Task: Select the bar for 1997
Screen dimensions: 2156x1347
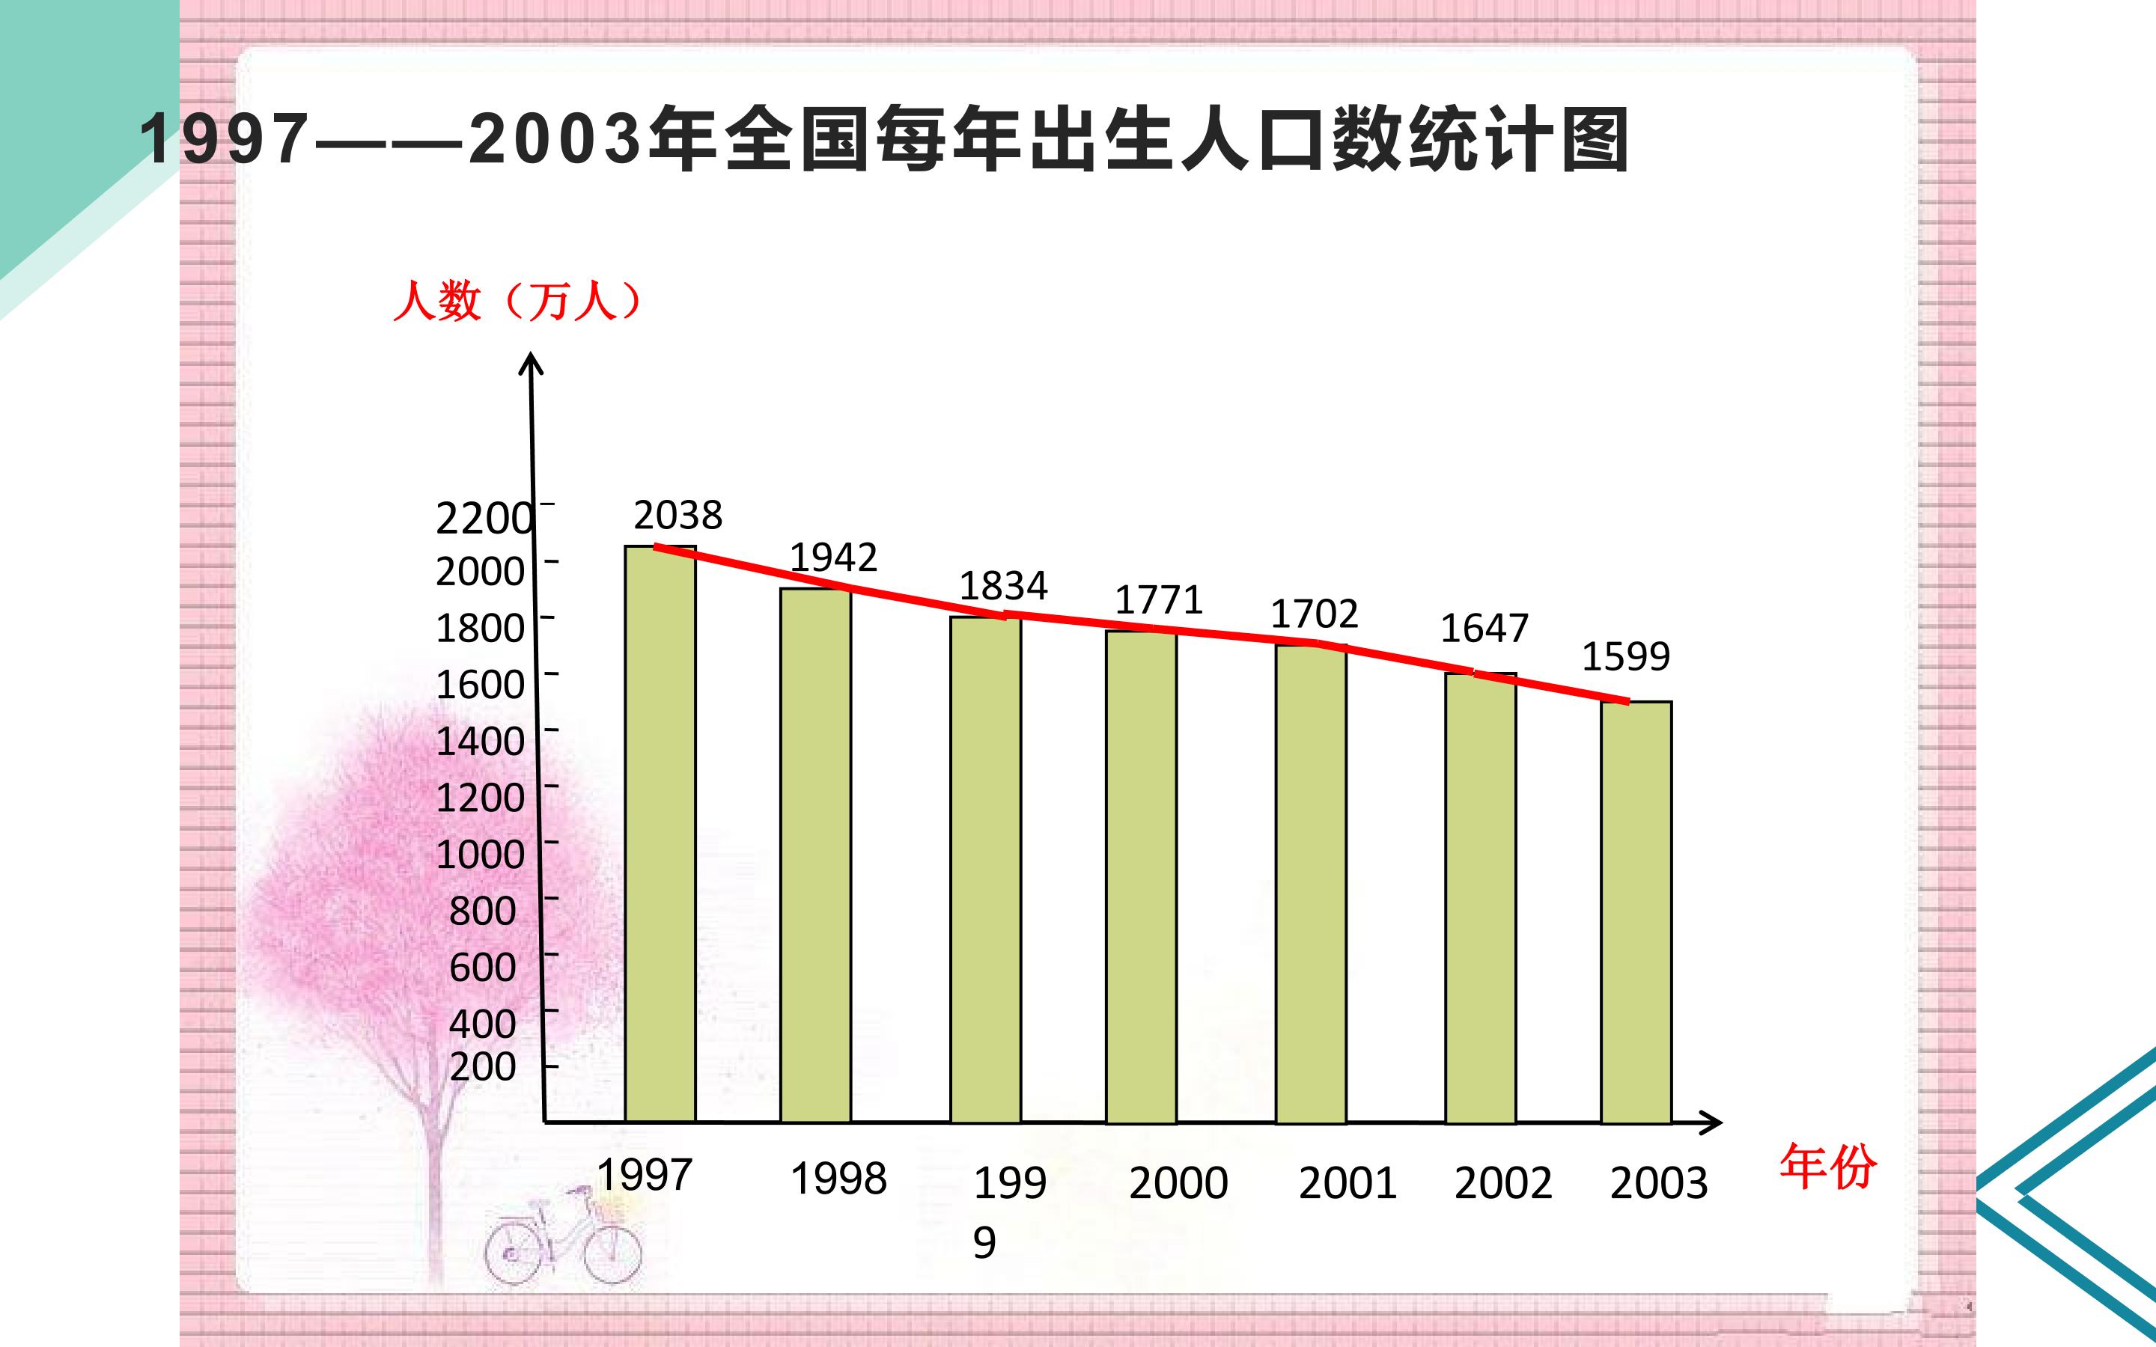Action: pos(660,834)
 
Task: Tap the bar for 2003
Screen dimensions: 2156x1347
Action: pos(1636,912)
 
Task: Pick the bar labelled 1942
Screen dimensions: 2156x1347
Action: pos(816,855)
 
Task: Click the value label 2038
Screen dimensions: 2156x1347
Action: pos(678,515)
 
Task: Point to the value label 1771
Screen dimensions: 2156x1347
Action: pos(1159,599)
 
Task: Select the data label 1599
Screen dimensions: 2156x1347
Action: pos(1626,656)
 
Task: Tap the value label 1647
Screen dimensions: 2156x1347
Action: pos(1484,628)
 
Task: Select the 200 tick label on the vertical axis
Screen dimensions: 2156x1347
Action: pos(483,1066)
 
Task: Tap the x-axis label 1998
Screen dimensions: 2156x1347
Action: pos(839,1179)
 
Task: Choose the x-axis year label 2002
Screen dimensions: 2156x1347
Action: pos(1504,1183)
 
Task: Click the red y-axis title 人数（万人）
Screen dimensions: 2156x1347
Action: pos(517,301)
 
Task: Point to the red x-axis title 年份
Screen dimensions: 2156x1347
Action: pos(1828,1167)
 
